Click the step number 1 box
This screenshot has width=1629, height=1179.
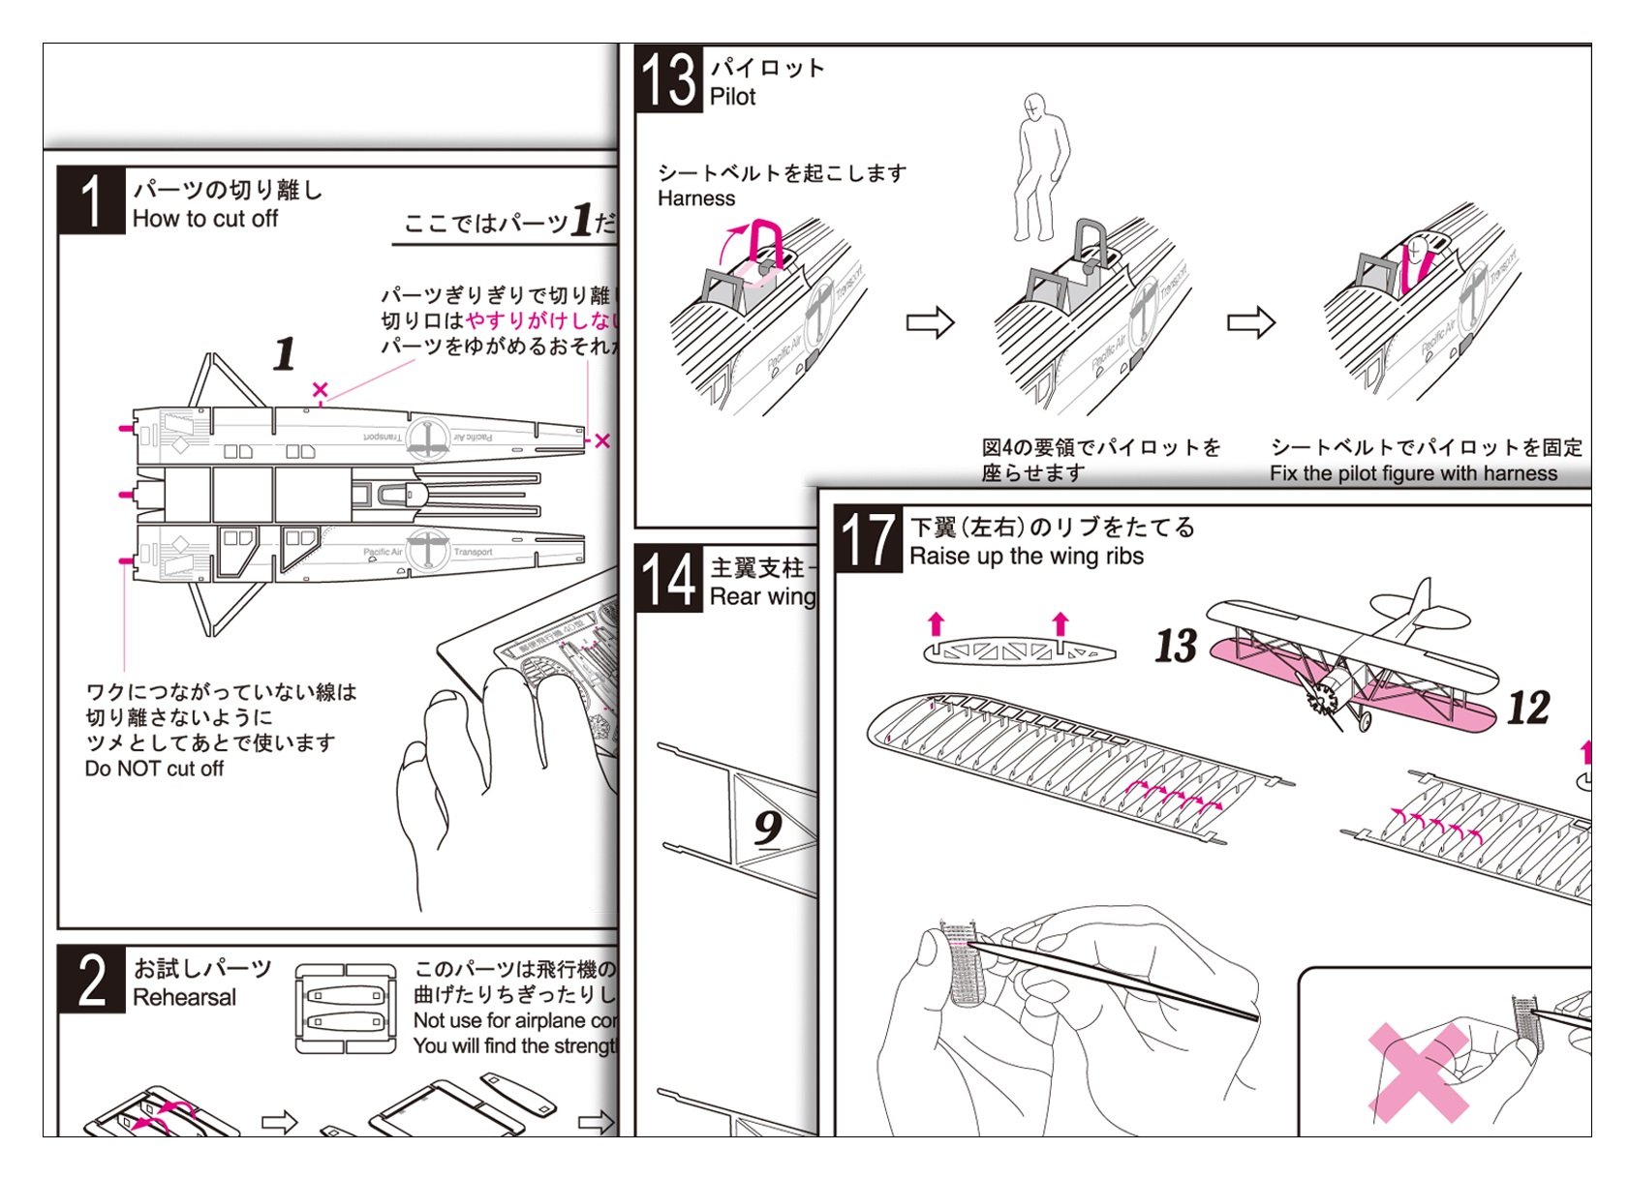pos(92,200)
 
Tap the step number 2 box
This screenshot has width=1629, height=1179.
pos(92,980)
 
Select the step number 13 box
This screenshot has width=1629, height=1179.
pos(669,79)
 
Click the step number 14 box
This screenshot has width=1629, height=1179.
pos(669,579)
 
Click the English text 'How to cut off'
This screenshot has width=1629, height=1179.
pos(205,220)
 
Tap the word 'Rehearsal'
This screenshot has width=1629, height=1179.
pos(184,998)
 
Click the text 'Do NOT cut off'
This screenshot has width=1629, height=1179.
pos(154,770)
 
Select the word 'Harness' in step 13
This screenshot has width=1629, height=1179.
pos(696,199)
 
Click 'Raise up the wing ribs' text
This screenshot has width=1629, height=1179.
pos(1027,557)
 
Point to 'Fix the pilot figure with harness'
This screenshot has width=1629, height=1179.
pos(1414,473)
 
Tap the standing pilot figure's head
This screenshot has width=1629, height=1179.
pos(1034,105)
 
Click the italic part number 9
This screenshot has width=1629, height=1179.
pos(769,827)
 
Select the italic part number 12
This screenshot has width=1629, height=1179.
pos(1528,708)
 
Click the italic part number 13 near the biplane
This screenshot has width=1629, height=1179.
pos(1176,646)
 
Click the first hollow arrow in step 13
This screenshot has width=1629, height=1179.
pos(930,322)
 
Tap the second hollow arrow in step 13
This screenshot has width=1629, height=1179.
pos(1250,322)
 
